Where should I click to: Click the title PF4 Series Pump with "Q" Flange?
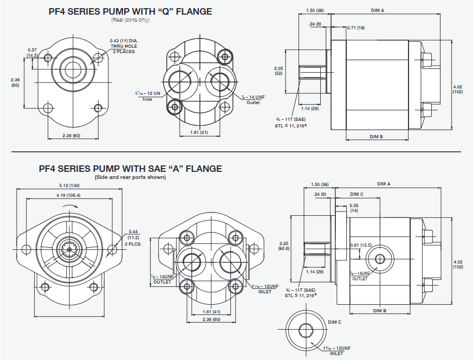[130, 11]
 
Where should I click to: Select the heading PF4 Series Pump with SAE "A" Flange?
[130, 169]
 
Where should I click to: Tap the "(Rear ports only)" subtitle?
[130, 20]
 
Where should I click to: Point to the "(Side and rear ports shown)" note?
[130, 177]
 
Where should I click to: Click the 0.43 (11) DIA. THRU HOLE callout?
[125, 46]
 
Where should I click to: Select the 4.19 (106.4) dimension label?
[68, 195]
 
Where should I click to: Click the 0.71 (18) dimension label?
[356, 27]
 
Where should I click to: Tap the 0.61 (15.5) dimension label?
[360, 245]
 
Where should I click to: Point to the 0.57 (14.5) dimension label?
[32, 53]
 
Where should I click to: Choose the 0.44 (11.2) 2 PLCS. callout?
[134, 236]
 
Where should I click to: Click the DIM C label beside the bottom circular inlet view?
[335, 322]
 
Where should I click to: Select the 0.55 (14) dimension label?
[354, 208]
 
